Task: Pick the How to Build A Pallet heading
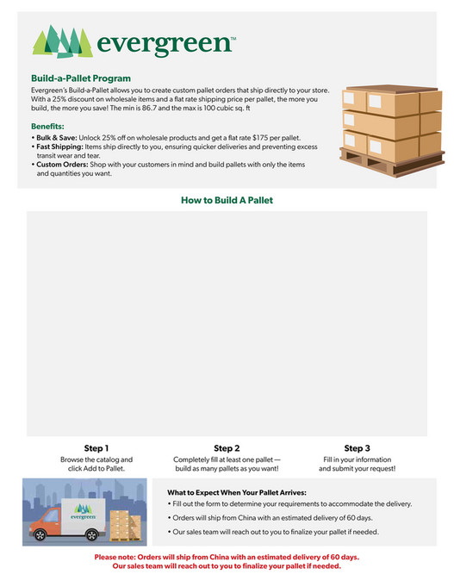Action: click(227, 200)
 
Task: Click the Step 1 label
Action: click(96, 448)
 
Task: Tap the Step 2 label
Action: click(227, 448)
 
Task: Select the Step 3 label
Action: click(357, 448)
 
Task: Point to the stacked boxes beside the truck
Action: click(126, 521)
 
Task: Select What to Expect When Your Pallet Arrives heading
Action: click(236, 492)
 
